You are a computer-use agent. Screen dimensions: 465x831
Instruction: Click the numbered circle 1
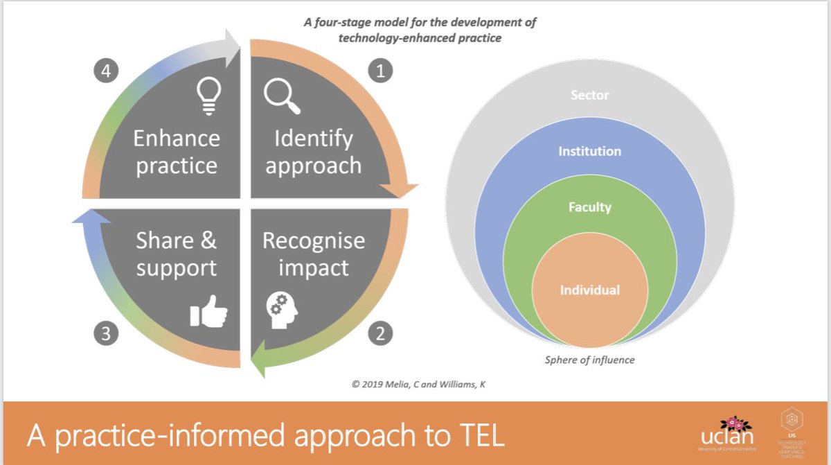(x=379, y=71)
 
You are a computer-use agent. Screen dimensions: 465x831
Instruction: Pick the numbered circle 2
(x=379, y=334)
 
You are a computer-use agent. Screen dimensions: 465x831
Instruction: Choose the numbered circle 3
(x=105, y=334)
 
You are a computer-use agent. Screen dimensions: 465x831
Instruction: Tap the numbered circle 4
(x=105, y=71)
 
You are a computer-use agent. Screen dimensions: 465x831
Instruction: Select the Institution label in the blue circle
(x=589, y=151)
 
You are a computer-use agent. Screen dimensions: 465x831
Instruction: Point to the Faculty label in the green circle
(x=589, y=207)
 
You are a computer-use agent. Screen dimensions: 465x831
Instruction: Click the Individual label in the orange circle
(x=589, y=290)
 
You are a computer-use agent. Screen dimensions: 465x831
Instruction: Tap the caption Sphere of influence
(x=589, y=360)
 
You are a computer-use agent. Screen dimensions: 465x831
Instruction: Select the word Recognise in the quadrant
(x=313, y=241)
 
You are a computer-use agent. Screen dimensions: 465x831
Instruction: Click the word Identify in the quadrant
(x=313, y=139)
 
